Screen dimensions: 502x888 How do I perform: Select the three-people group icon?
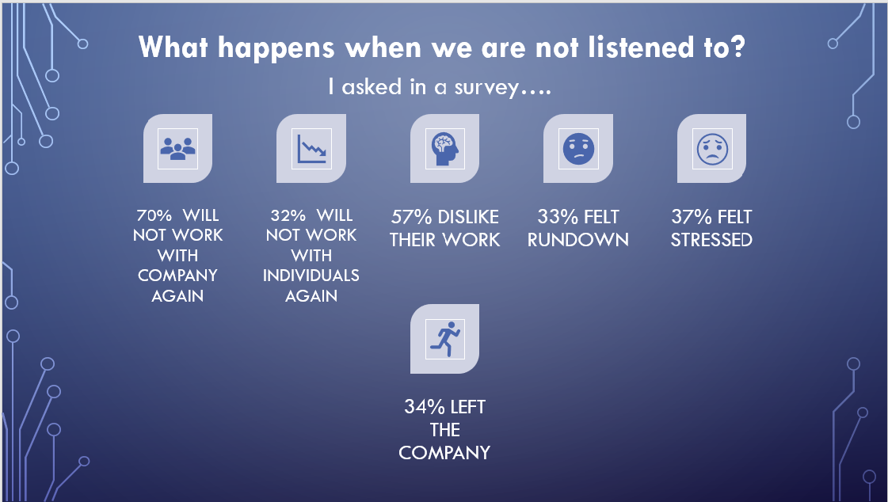177,148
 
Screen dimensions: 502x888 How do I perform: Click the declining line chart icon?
311,148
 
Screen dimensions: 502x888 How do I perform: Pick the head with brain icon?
444,148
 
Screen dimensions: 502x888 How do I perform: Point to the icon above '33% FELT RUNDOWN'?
577,148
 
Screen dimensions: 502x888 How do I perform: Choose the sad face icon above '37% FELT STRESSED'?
711,148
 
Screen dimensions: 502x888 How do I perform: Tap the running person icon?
444,339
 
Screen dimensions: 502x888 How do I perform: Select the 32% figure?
288,215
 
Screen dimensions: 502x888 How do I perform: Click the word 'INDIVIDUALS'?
311,276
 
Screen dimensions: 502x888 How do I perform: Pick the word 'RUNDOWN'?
577,240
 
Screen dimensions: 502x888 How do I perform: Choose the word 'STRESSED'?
711,240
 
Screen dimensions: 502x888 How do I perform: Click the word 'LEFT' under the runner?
467,408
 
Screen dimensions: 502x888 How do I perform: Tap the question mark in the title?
736,48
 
